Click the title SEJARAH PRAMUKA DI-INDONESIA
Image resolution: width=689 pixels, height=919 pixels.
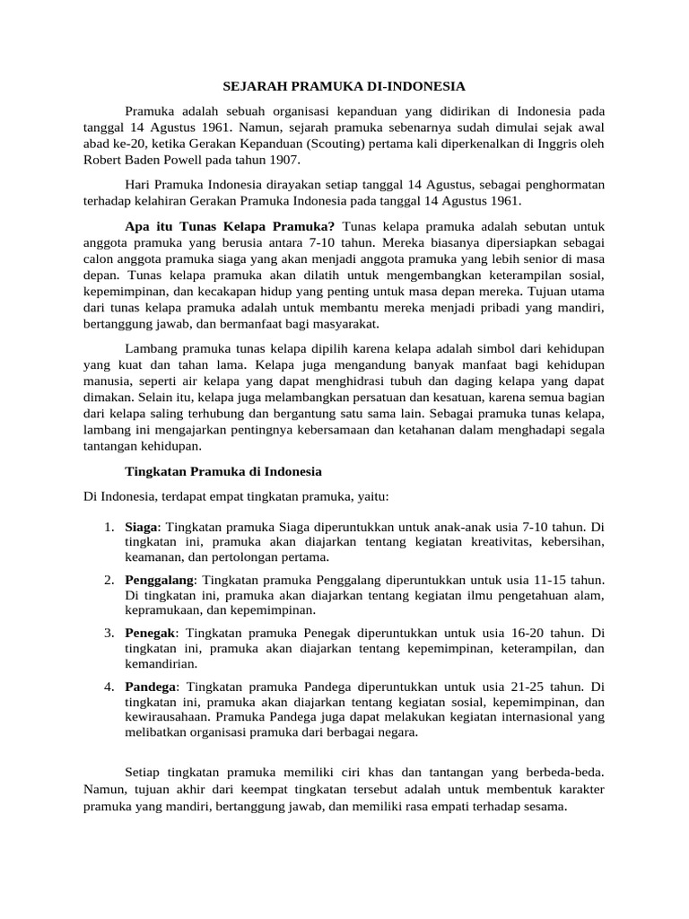click(x=344, y=87)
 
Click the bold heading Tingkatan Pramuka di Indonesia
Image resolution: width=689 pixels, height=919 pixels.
click(x=222, y=471)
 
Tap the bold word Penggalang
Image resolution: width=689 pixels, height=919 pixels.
click(x=159, y=580)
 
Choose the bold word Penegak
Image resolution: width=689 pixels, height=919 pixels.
click(x=151, y=634)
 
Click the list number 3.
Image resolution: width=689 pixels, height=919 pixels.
click(x=108, y=634)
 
